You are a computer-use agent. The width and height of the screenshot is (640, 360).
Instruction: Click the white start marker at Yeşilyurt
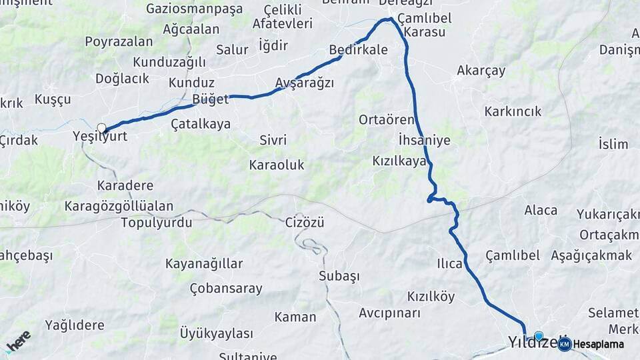(x=101, y=128)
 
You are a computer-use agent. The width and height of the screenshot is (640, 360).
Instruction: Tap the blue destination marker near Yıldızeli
(x=539, y=337)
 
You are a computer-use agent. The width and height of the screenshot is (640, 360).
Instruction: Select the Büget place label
(x=210, y=99)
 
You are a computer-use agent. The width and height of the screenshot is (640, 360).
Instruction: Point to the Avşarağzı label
(x=305, y=83)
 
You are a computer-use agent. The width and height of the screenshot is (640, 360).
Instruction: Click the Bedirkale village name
(x=358, y=50)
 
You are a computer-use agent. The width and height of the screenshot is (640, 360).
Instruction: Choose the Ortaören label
(x=387, y=120)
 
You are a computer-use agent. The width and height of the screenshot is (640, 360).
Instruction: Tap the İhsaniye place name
(x=424, y=140)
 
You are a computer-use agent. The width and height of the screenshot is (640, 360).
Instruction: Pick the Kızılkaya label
(x=399, y=161)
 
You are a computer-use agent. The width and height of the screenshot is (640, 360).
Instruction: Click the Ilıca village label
(x=450, y=263)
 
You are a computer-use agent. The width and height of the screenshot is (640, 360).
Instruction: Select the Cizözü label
(x=305, y=222)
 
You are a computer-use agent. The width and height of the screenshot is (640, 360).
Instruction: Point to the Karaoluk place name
(x=277, y=164)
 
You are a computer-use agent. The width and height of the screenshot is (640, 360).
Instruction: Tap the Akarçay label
(x=481, y=70)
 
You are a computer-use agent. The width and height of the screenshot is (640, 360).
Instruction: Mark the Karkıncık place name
(x=513, y=111)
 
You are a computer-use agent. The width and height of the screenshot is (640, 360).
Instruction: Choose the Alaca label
(x=541, y=210)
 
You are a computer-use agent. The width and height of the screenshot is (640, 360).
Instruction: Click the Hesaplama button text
(x=599, y=344)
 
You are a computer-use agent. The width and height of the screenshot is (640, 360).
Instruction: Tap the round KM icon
(x=565, y=344)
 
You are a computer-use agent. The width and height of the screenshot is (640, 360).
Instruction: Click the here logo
(x=18, y=340)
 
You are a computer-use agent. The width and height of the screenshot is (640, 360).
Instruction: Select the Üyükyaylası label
(x=217, y=333)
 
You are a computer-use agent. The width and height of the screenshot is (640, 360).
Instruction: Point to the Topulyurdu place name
(x=157, y=223)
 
